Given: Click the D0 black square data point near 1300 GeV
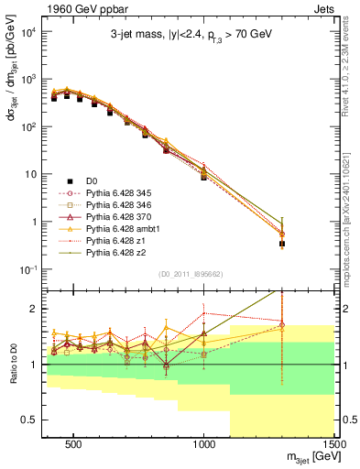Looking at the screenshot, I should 282,244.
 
